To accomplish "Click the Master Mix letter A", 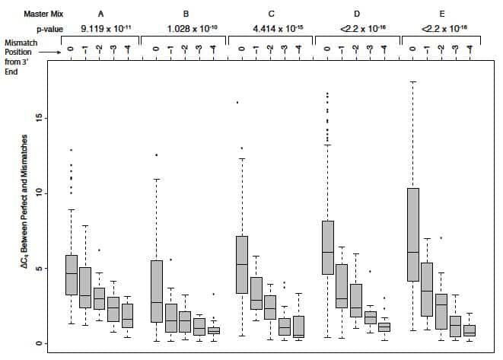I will [101, 14].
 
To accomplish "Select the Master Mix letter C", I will [272, 14].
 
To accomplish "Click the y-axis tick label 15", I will [34, 118].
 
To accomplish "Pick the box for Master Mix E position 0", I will [413, 234].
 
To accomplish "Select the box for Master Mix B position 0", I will [156, 292].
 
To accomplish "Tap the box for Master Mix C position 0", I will [241, 264].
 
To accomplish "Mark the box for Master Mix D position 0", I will [328, 247].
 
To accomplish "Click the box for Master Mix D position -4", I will [384, 327].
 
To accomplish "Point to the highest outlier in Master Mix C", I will [238, 103].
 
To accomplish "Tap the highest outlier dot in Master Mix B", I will [157, 155].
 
